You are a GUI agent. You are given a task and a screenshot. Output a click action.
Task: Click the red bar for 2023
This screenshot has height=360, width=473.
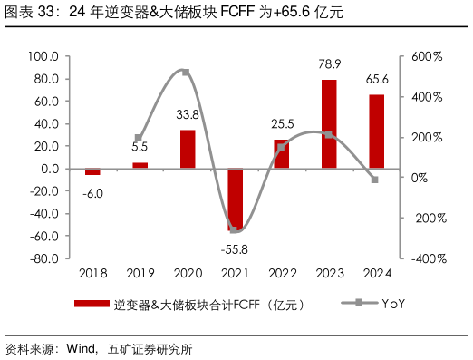click(x=329, y=124)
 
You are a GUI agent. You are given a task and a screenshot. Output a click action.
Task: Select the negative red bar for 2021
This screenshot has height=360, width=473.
click(x=235, y=199)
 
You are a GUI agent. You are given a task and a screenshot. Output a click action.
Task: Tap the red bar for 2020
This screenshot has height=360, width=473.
click(x=188, y=150)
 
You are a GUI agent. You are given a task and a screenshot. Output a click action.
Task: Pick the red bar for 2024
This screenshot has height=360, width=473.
click(x=376, y=131)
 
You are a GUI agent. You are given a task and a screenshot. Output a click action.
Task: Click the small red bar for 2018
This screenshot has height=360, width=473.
click(x=92, y=171)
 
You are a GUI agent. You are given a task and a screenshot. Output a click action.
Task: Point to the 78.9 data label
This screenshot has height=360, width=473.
click(x=330, y=65)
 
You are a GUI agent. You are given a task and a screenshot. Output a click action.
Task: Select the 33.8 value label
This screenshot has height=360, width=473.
click(x=188, y=115)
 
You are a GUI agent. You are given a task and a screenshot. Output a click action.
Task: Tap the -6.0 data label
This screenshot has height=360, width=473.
click(x=92, y=191)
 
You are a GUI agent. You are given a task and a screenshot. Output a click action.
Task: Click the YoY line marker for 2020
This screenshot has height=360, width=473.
click(x=186, y=72)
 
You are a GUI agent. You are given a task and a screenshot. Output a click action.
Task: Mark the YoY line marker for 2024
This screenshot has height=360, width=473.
click(x=375, y=180)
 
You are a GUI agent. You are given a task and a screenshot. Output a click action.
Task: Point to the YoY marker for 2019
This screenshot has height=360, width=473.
click(x=139, y=138)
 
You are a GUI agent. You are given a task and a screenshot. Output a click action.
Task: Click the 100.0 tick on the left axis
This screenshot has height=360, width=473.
click(x=43, y=56)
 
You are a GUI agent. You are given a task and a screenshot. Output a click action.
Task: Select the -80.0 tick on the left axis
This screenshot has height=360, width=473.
click(x=43, y=258)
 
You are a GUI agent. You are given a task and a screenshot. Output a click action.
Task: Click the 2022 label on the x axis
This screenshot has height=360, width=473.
click(x=282, y=273)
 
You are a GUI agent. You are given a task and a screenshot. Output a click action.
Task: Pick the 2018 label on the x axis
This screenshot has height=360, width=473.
click(x=92, y=273)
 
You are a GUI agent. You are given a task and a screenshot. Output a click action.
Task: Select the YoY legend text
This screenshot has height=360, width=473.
click(x=392, y=304)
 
